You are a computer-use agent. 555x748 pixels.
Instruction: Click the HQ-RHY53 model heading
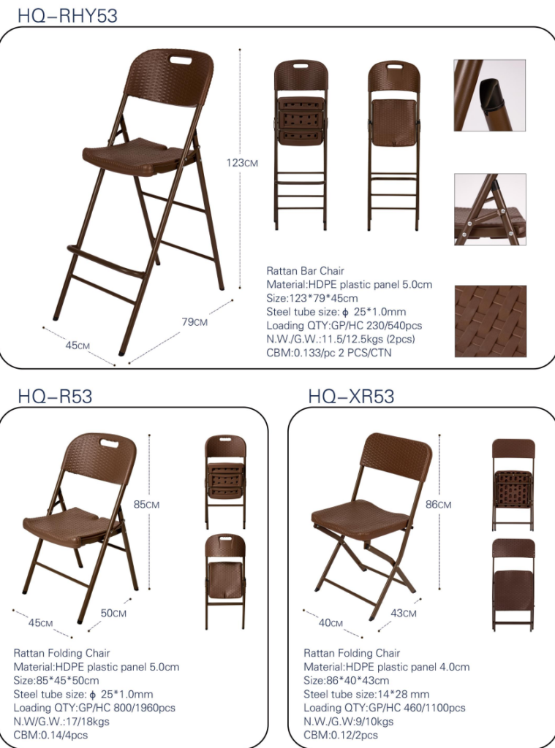coord(67,15)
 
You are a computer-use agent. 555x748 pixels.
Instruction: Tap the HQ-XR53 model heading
coord(351,396)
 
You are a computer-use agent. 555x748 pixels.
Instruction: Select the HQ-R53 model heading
coord(55,396)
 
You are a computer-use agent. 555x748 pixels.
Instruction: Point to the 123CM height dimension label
coord(242,163)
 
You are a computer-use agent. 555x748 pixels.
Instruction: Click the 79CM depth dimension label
coord(195,322)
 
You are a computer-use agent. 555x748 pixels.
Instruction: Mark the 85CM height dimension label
coord(147,504)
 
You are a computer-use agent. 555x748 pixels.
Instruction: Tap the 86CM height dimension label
coord(438,504)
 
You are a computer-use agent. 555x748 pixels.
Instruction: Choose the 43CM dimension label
coord(404,613)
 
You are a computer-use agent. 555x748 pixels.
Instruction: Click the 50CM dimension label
coord(113,613)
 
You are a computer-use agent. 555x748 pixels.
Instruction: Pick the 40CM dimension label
coord(331,622)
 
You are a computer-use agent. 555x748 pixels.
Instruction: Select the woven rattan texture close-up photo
coord(490,321)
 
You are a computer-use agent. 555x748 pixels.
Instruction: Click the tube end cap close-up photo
coord(490,96)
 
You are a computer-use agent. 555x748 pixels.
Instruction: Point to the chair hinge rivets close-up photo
coord(490,210)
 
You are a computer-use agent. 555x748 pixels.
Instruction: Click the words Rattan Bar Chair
coord(305,271)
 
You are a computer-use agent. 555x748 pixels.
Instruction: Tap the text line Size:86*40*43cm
coord(347,680)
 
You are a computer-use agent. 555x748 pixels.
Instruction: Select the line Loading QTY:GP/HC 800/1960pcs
coord(94,707)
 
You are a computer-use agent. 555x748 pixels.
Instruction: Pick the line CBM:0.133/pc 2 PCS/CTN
coord(328,353)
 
